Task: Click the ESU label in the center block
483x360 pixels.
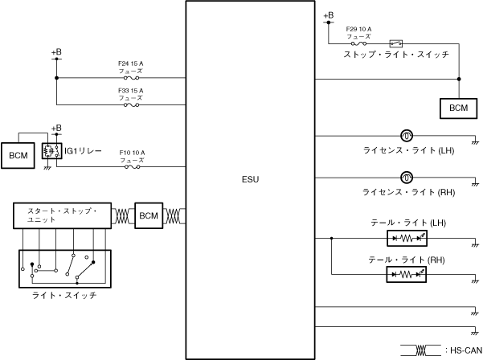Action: [250, 178]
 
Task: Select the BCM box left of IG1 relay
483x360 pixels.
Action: [18, 153]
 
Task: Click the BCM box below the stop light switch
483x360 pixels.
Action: [458, 107]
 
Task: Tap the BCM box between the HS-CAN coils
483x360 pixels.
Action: [149, 215]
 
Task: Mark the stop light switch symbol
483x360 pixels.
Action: [395, 43]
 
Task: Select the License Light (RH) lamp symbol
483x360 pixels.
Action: [407, 175]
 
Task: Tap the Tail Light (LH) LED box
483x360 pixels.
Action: [407, 239]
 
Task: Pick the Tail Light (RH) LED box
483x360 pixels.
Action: [407, 273]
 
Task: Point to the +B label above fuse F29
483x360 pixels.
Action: [328, 15]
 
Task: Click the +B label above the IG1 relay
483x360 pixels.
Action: [55, 128]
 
